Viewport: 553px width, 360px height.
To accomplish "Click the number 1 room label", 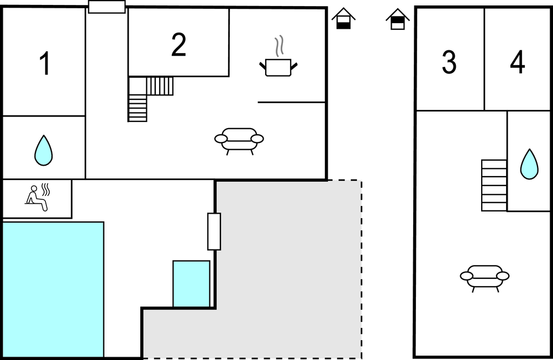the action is [x=45, y=63].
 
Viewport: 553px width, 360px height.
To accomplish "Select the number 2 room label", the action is [x=178, y=44].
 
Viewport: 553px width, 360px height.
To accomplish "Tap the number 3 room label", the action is [x=449, y=62].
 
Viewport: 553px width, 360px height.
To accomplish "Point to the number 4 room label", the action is [x=518, y=62].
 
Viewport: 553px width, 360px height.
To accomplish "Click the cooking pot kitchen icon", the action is [x=278, y=67].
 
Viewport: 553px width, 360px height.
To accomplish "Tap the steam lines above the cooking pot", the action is [x=279, y=46].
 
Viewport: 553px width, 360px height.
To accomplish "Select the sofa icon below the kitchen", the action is [x=239, y=141].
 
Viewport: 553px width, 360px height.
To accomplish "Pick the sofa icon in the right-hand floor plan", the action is [x=484, y=278].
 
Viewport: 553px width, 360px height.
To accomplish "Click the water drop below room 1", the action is [x=44, y=150].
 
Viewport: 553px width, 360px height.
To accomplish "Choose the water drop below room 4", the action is [x=529, y=164].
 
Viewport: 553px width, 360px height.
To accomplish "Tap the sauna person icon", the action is [x=37, y=198].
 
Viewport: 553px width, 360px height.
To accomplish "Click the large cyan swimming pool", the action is [x=53, y=289].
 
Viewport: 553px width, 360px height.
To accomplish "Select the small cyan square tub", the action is [x=192, y=284].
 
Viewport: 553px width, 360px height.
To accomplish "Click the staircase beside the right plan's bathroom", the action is [x=494, y=186].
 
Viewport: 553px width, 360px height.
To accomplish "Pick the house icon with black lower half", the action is [x=343, y=18].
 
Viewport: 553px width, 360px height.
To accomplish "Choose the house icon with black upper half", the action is [x=397, y=19].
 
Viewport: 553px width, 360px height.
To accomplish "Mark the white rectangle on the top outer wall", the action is [x=107, y=7].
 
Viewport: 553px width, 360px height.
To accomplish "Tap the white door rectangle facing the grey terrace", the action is [x=214, y=231].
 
